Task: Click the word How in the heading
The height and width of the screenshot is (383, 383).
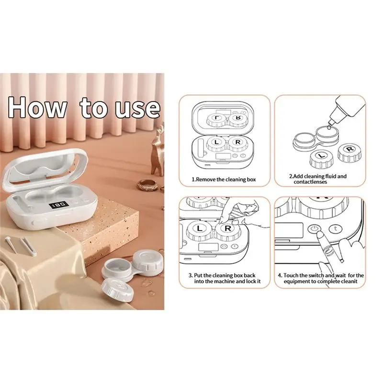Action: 38,108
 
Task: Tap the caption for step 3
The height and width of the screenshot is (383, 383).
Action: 225,278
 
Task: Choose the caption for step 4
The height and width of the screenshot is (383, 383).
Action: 320,278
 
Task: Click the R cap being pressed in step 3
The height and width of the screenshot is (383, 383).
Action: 228,229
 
